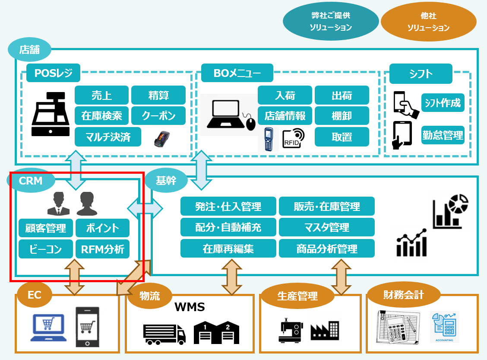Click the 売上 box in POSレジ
(101, 95)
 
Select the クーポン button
(158, 116)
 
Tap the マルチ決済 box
(108, 137)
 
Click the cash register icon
(51, 114)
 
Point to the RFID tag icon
(293, 138)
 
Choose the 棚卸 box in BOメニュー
(342, 116)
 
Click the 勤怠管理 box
(443, 135)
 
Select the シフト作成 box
(443, 102)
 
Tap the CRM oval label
(31, 181)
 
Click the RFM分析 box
(102, 249)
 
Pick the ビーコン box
(46, 249)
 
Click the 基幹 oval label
(166, 180)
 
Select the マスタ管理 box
(327, 227)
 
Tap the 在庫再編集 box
(228, 248)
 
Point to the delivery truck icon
(164, 334)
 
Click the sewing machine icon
(291, 330)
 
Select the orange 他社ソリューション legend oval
(429, 22)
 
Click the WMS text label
(190, 307)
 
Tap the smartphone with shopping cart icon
(87, 327)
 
